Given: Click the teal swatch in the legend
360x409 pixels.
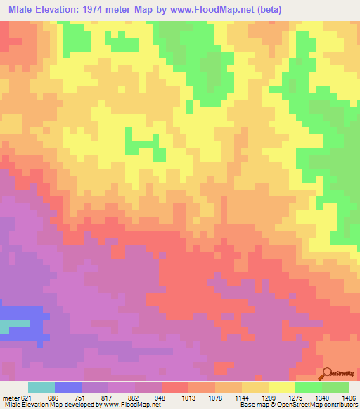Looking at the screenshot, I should (41, 387).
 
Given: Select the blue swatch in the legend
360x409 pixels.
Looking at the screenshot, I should (68, 387).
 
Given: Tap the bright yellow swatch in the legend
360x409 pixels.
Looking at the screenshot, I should (281, 387).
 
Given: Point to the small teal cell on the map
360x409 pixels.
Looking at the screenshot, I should (5, 327).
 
